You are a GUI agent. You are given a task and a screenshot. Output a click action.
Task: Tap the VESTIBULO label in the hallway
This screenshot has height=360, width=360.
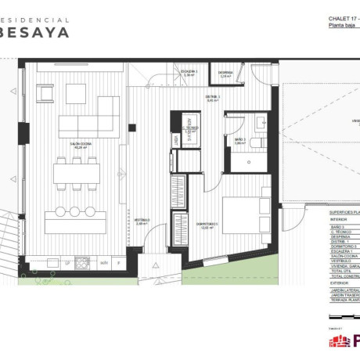click(x=140, y=221)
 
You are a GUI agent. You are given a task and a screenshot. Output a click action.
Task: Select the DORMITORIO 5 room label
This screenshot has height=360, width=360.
click(x=206, y=226)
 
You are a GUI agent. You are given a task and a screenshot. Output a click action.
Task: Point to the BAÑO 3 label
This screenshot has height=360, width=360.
click(x=239, y=141)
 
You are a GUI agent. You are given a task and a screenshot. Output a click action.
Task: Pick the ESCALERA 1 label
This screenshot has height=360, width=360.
click(x=189, y=73)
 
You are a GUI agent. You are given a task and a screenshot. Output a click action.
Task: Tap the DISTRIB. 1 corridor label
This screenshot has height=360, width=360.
click(x=213, y=99)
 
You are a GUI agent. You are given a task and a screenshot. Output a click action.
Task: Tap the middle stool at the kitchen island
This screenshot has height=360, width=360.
click(x=75, y=211)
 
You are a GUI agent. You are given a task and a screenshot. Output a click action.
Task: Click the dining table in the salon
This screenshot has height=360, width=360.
click(x=75, y=172)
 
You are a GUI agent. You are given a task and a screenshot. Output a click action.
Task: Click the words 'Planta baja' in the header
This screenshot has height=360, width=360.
click(x=341, y=25)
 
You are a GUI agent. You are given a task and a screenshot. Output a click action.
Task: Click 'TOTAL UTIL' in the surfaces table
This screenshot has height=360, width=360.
click(x=342, y=271)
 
